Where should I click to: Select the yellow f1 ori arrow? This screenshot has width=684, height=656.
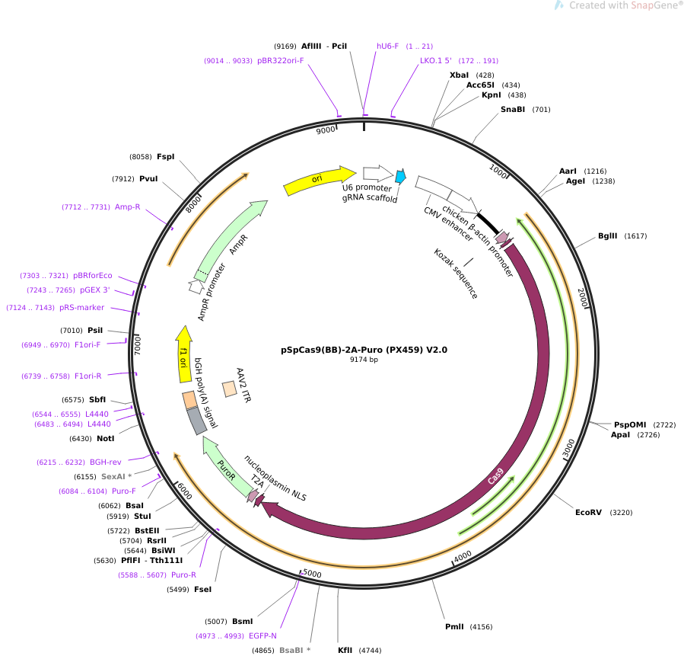pos(183,354)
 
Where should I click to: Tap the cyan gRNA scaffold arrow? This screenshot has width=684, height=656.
pos(400,176)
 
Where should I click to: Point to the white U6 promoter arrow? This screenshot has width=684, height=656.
pos(378,174)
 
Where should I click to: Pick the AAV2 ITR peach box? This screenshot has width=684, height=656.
pos(230,389)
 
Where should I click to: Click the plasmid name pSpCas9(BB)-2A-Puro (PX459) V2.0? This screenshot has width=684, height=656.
pos(364,350)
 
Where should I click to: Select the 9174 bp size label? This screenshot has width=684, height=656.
pos(364,360)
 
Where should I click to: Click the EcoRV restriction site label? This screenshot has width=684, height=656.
pos(588,512)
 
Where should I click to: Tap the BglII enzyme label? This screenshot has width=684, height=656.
pos(607,236)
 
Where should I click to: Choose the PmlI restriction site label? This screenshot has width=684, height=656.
pos(454,627)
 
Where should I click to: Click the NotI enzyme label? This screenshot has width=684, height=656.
pos(105,439)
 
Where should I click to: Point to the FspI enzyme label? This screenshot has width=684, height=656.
pos(165,156)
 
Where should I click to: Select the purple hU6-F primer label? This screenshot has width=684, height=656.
pos(387,46)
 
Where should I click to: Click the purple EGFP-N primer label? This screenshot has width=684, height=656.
pos(262,636)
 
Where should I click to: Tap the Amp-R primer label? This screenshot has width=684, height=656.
pos(127,207)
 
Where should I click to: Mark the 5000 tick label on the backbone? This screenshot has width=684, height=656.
pos(312,573)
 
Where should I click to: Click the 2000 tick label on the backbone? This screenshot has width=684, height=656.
pos(583,297)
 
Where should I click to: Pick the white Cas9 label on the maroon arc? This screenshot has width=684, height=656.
pos(495,476)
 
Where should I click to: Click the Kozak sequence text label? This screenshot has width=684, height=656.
pos(456,274)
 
